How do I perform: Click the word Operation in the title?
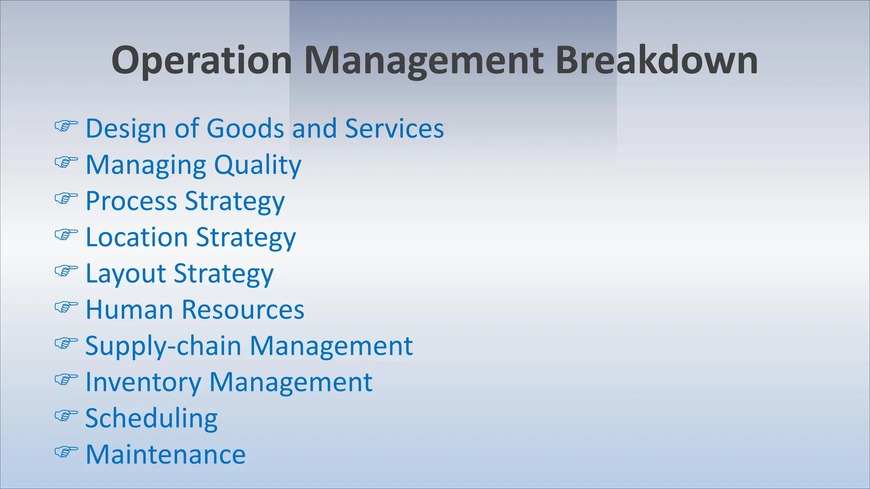[x=201, y=61]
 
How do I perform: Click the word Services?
[x=394, y=128]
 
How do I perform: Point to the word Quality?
[x=257, y=165]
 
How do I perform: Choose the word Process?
[x=131, y=201]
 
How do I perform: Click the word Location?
[x=137, y=237]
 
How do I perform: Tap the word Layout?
[x=126, y=274]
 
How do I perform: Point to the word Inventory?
[x=143, y=382]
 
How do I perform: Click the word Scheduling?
[x=152, y=419]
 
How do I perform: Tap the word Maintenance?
[x=166, y=454]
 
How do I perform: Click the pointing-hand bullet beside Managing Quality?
[x=66, y=162]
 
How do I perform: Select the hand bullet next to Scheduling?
[x=66, y=415]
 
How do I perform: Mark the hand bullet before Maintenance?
[x=66, y=452]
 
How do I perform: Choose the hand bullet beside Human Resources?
[x=66, y=306]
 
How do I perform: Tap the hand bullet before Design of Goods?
[x=66, y=126]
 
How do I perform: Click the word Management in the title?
[x=424, y=61]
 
